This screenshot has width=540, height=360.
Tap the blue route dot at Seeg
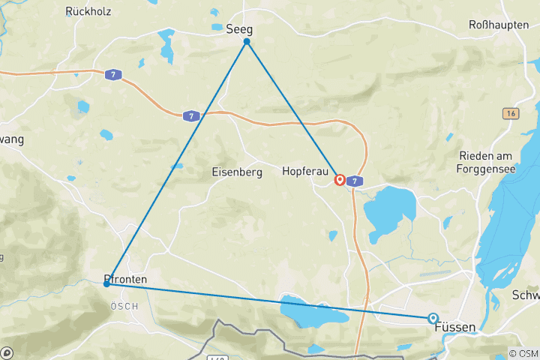[247, 42]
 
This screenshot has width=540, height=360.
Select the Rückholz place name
[89, 11]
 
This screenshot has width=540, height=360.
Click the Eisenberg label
[237, 172]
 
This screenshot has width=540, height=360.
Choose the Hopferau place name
[304, 172]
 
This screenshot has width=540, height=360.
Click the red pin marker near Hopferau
[340, 180]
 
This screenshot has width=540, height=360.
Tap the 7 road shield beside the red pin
[355, 181]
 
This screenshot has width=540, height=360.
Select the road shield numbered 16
[510, 112]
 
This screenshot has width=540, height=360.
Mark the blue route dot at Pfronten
[107, 283]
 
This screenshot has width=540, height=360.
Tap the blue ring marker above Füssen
[433, 318]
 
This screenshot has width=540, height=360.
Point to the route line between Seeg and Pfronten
[177, 163]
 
